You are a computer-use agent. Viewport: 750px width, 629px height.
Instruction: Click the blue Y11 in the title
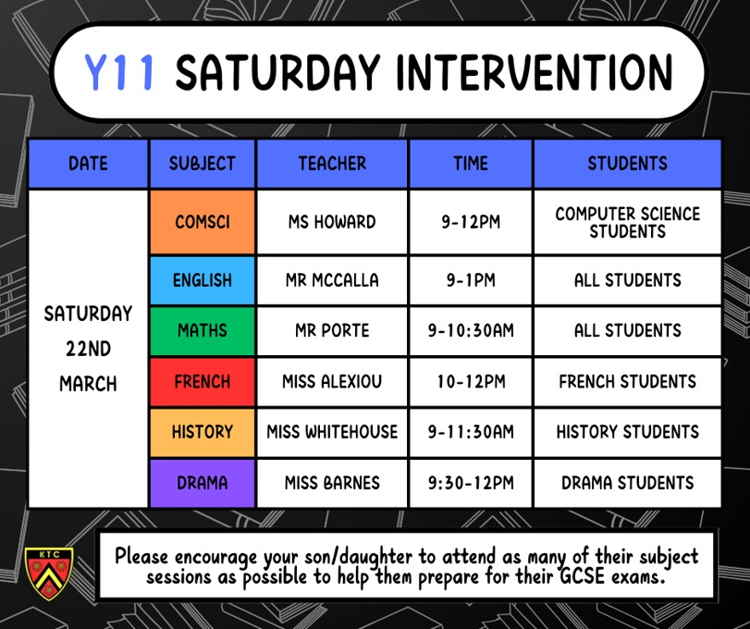tap(119, 72)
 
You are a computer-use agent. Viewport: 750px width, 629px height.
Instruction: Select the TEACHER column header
tap(332, 164)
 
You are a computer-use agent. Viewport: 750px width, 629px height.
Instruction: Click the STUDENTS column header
tap(628, 164)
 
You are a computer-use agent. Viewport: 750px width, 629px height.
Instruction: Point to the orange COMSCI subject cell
tap(203, 222)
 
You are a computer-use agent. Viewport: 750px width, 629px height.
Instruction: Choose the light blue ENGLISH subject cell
tap(203, 280)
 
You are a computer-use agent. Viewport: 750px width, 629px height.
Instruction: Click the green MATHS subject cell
tap(203, 330)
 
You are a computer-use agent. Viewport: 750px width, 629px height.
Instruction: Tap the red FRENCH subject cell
tap(203, 382)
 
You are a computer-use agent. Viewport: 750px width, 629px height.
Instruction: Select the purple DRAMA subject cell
tap(203, 483)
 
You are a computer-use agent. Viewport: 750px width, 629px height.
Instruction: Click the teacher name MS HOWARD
tap(332, 222)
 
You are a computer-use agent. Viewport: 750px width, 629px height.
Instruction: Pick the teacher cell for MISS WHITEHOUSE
tap(332, 432)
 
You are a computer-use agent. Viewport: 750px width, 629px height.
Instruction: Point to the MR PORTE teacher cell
tap(332, 330)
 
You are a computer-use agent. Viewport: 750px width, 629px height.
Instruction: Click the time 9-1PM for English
tap(471, 280)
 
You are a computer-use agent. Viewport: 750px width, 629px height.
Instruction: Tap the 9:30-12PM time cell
tap(471, 483)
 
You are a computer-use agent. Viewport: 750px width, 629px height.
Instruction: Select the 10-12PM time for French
tap(471, 382)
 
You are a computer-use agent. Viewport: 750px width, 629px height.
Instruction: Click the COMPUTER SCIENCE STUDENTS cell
tap(628, 222)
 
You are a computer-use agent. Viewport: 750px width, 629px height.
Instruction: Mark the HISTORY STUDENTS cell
tap(628, 432)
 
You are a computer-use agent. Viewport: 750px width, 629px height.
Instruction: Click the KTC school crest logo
tap(49, 573)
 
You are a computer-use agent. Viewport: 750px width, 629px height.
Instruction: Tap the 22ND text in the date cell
tap(89, 349)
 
